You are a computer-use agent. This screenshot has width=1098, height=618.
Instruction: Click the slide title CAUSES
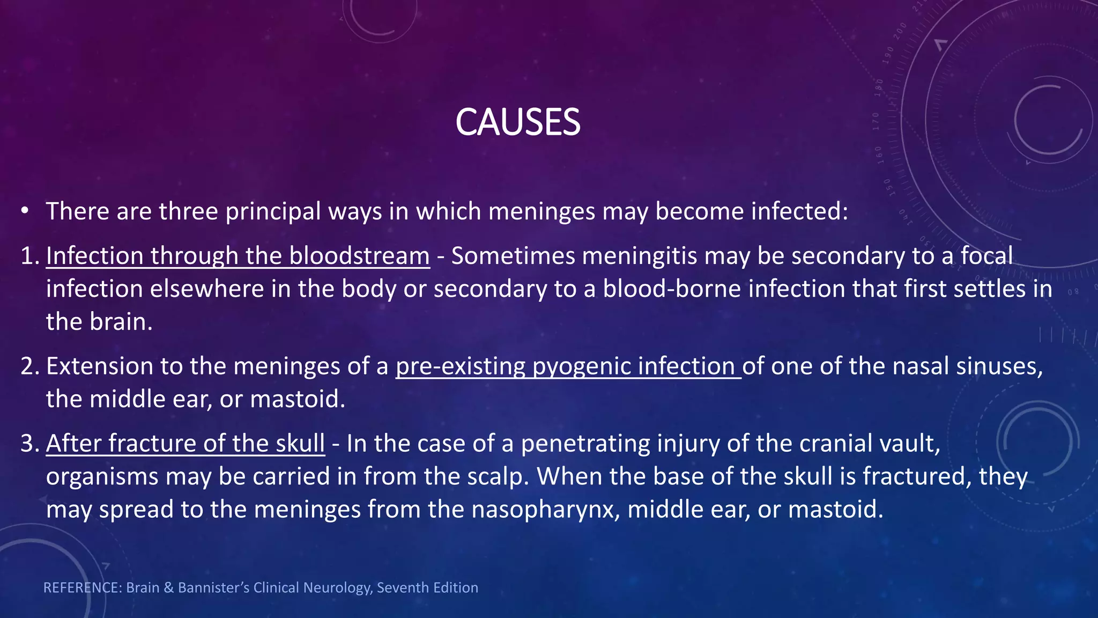pyautogui.click(x=517, y=122)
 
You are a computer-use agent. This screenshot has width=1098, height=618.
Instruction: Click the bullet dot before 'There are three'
pyautogui.click(x=25, y=211)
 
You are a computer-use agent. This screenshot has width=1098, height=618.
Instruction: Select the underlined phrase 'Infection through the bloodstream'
pyautogui.click(x=238, y=256)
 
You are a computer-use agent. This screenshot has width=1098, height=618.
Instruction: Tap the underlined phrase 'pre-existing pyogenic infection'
pyautogui.click(x=568, y=366)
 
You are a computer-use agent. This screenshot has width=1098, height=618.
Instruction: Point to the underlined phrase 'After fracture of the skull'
pyautogui.click(x=185, y=444)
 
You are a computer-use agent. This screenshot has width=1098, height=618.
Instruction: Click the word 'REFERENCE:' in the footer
pyautogui.click(x=83, y=588)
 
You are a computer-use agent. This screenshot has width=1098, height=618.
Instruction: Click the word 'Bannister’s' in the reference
pyautogui.click(x=213, y=588)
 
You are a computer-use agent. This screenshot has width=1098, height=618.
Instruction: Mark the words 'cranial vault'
pyautogui.click(x=869, y=444)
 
